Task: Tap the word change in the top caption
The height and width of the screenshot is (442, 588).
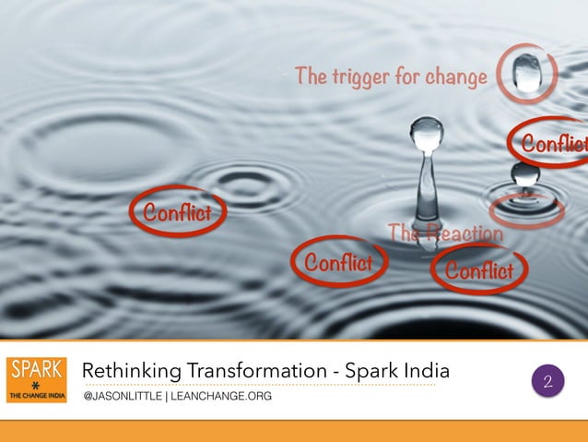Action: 454,77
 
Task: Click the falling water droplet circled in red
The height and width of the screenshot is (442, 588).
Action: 527,72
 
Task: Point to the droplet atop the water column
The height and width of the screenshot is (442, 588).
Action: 427,133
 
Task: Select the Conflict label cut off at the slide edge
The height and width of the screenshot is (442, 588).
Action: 554,145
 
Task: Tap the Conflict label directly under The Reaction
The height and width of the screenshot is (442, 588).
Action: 478,270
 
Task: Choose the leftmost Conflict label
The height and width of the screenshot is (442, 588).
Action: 176,213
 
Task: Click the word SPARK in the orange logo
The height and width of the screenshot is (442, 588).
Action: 36,369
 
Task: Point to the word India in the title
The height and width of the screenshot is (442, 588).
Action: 429,371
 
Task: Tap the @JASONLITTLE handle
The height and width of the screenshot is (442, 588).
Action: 121,397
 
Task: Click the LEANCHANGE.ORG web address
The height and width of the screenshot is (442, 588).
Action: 219,397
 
